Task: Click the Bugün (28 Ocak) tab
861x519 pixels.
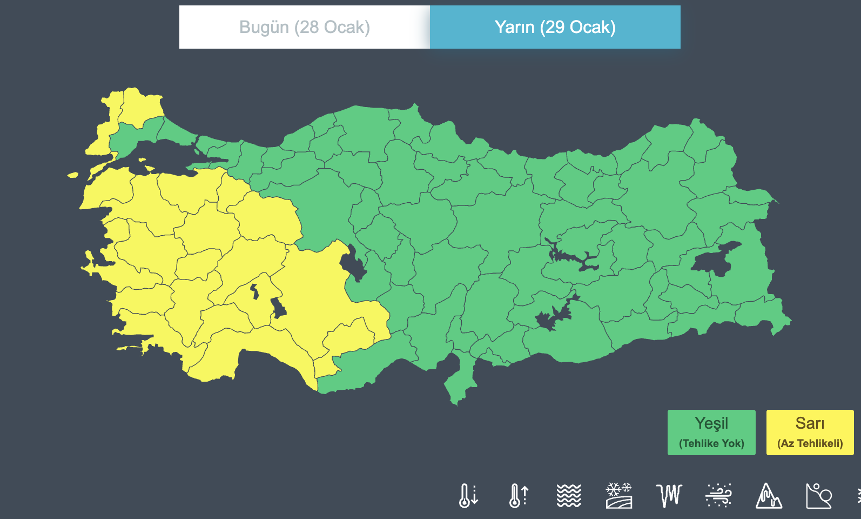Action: click(x=304, y=27)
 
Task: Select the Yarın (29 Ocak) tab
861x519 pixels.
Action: click(x=555, y=27)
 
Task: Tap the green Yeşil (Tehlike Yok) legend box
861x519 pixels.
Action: click(x=711, y=432)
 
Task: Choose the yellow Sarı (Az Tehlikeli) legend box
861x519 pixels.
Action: click(x=810, y=432)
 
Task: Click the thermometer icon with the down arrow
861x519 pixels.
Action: click(x=468, y=495)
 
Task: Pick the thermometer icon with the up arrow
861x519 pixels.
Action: click(x=519, y=495)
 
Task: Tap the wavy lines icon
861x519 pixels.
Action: click(x=569, y=495)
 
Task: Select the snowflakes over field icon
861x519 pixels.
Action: click(x=619, y=495)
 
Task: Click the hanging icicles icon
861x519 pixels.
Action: click(x=669, y=495)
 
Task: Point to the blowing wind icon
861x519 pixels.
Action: click(x=719, y=495)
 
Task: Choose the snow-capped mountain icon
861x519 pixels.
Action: click(x=769, y=495)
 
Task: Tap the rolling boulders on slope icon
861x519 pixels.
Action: click(x=819, y=495)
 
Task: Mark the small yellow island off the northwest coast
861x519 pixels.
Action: click(x=72, y=175)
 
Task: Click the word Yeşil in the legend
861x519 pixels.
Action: click(x=711, y=423)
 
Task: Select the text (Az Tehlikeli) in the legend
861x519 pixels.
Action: click(x=810, y=443)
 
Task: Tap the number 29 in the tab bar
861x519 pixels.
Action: click(x=554, y=27)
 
